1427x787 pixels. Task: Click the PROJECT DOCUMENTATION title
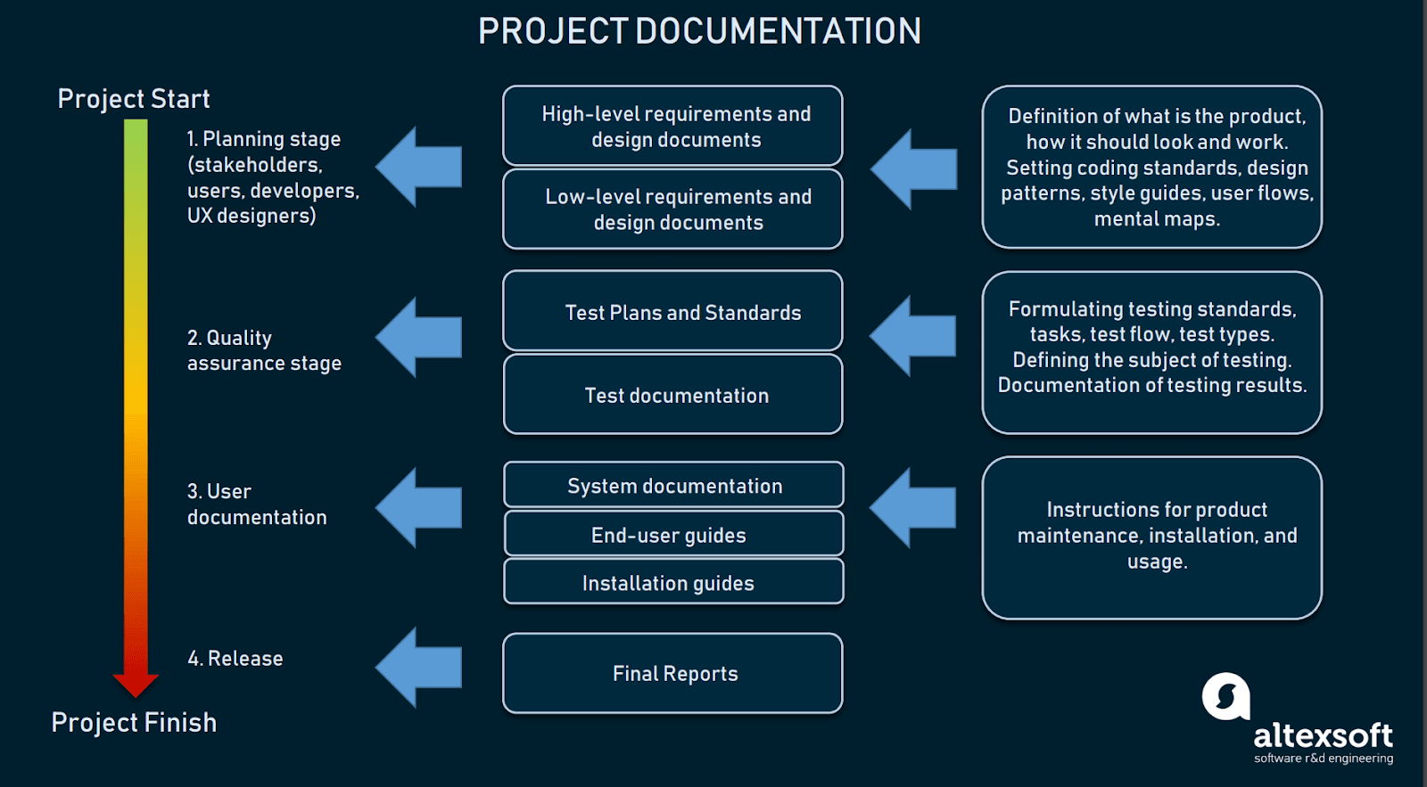699,31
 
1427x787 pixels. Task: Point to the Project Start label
134,98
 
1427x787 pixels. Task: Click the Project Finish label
134,722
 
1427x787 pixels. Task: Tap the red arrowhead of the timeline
136,685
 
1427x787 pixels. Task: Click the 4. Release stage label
235,659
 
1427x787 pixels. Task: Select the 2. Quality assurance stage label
264,350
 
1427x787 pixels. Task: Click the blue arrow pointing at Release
419,667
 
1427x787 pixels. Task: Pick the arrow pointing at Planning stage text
419,167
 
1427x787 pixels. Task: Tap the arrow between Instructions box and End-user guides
912,507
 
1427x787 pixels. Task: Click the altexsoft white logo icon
1225,696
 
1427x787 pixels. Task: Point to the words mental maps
1157,219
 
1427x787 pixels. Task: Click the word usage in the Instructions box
1157,562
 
